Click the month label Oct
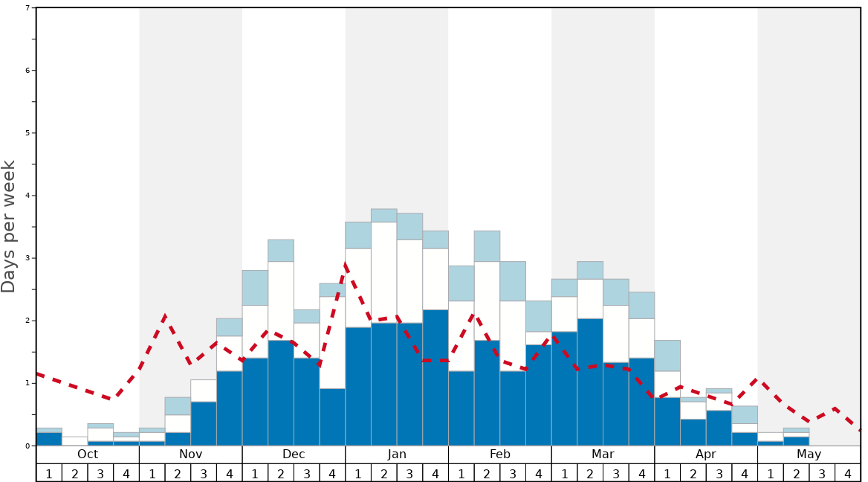[88, 454]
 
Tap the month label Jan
[397, 454]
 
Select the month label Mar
[603, 454]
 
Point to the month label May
[809, 454]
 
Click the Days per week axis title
[9, 227]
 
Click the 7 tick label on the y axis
[27, 8]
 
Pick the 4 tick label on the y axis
[27, 196]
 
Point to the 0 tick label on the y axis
[27, 446]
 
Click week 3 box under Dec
[307, 473]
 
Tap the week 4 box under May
[847, 473]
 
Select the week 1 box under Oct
[49, 473]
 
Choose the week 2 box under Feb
[487, 473]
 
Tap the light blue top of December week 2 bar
[281, 251]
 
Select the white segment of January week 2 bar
[384, 272]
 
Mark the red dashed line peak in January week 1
[346, 264]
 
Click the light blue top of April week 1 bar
[667, 356]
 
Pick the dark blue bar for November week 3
[204, 424]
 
